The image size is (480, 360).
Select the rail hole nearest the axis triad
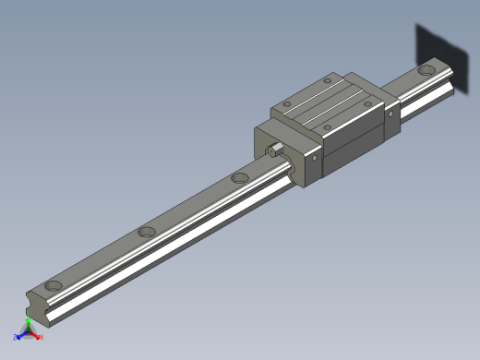(x=54, y=285)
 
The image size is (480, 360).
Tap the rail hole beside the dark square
(x=427, y=69)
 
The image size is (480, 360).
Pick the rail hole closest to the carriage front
(x=240, y=177)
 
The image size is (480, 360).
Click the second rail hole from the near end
(x=146, y=233)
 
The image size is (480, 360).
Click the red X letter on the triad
(x=40, y=337)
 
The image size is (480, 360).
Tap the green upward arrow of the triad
(x=29, y=318)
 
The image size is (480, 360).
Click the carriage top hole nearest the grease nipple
(x=287, y=103)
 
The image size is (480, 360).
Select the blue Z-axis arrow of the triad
(x=21, y=332)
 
